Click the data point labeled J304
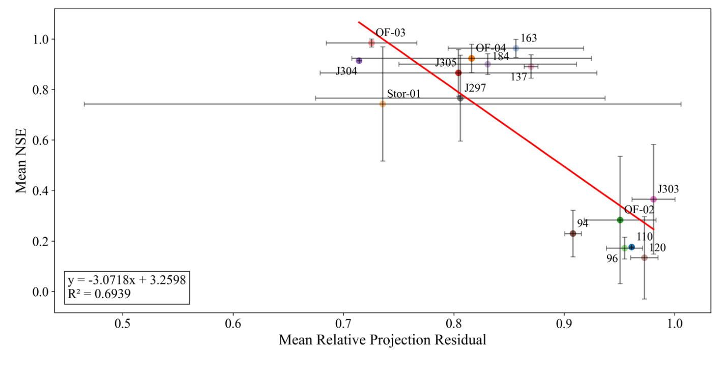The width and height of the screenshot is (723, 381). tap(359, 61)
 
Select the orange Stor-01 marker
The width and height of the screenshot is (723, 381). tap(383, 104)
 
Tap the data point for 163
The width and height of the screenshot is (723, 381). tap(516, 48)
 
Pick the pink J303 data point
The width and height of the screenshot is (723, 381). tap(653, 199)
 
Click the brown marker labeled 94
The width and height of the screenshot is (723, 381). tap(573, 233)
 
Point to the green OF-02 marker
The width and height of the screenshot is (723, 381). tap(620, 220)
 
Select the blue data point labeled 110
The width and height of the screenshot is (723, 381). tap(631, 247)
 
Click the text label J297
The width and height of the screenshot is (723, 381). tap(475, 88)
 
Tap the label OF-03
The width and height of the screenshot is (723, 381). tap(391, 33)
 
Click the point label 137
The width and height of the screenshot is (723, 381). tap(519, 77)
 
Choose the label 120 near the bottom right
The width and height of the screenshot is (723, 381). tap(657, 248)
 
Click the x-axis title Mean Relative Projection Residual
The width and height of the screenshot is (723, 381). tap(382, 340)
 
